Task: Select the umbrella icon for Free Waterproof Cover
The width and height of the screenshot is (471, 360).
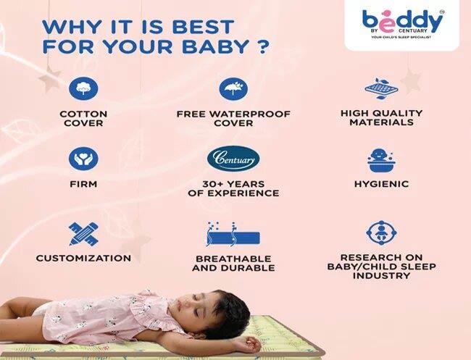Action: coord(233,89)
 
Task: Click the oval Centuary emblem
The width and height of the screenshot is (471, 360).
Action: coord(233,159)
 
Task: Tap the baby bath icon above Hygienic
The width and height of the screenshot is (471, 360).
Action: coord(381,159)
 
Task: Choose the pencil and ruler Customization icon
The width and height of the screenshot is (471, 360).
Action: coord(83,233)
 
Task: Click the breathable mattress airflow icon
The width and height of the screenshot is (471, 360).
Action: coord(233,235)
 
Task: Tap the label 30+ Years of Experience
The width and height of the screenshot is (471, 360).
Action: coord(233,189)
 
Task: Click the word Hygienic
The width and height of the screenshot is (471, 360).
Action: coord(381,185)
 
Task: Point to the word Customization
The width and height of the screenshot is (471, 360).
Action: coord(83,258)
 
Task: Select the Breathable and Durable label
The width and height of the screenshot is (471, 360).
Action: coord(233,263)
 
